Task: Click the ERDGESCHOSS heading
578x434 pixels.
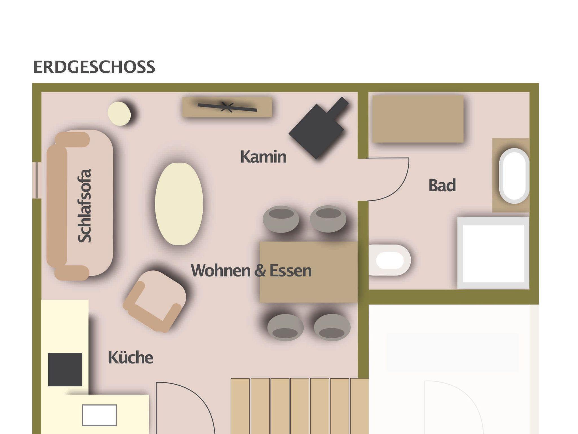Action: pyautogui.click(x=94, y=67)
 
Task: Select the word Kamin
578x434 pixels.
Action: pyautogui.click(x=263, y=157)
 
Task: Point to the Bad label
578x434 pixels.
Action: pyautogui.click(x=442, y=185)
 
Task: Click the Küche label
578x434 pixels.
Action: pyautogui.click(x=131, y=358)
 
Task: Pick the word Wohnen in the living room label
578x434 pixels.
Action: pyautogui.click(x=221, y=270)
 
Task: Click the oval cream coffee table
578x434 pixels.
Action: pyautogui.click(x=179, y=204)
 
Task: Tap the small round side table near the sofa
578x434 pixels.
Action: pyautogui.click(x=119, y=113)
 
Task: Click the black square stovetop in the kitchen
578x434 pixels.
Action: pyautogui.click(x=65, y=369)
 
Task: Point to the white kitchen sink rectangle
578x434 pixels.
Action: pyautogui.click(x=99, y=415)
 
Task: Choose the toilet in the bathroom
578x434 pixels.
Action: pyautogui.click(x=389, y=260)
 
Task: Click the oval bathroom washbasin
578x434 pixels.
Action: pyautogui.click(x=514, y=176)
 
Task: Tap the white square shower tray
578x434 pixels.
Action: pyautogui.click(x=493, y=253)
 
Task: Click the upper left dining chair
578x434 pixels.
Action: pyautogui.click(x=281, y=219)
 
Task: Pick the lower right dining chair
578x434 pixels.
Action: pyautogui.click(x=332, y=327)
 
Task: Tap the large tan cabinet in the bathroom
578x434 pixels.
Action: pyautogui.click(x=418, y=119)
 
